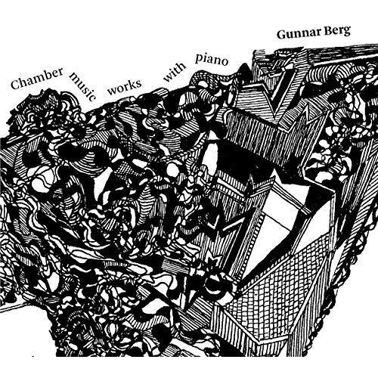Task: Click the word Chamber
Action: click(37, 78)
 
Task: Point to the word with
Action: click(175, 71)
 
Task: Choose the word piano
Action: click(212, 59)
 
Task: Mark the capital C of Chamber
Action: click(16, 84)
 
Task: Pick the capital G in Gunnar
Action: click(281, 35)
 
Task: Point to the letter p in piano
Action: click(199, 60)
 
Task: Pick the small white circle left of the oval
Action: click(172, 169)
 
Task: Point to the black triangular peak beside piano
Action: click(244, 70)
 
